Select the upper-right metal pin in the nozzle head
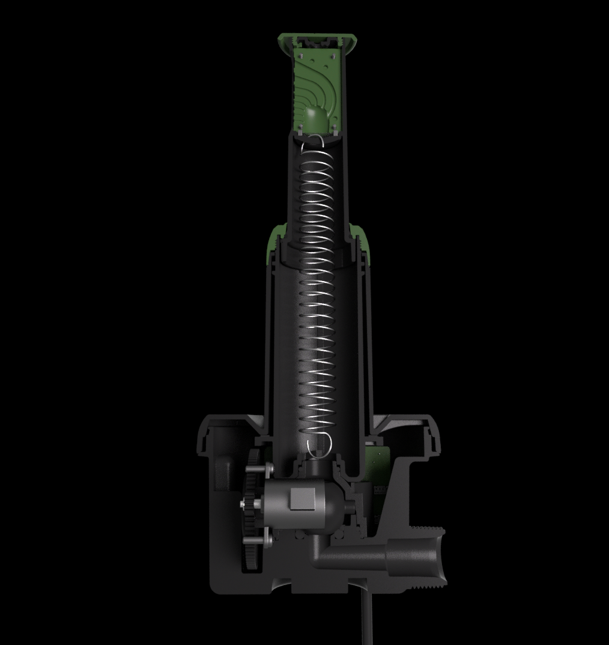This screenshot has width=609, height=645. [332, 55]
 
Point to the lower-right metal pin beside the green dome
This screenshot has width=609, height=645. [334, 127]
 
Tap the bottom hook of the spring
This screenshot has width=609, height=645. [319, 445]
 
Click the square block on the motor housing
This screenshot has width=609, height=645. [303, 499]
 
